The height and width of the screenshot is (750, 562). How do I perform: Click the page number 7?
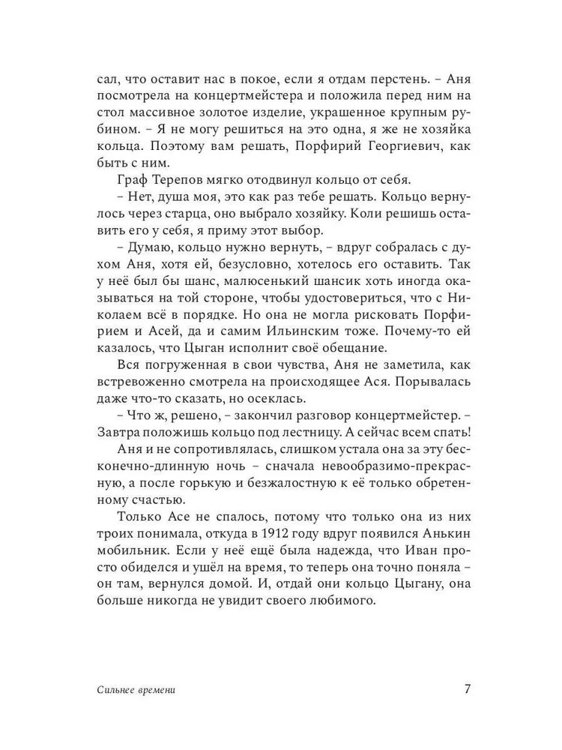(467, 689)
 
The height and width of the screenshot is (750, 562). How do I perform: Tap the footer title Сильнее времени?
(136, 690)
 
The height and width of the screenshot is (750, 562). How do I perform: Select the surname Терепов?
(180, 181)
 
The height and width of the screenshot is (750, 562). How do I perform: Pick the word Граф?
(133, 181)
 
